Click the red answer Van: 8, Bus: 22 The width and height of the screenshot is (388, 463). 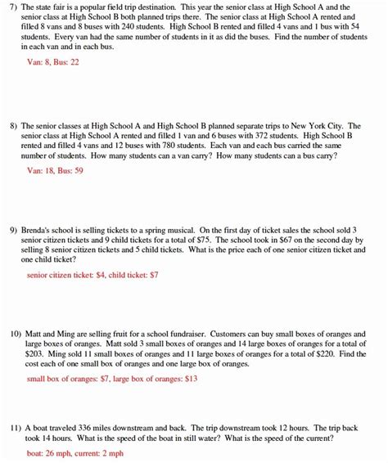pos(54,61)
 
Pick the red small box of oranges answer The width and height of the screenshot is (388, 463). pos(112,379)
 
